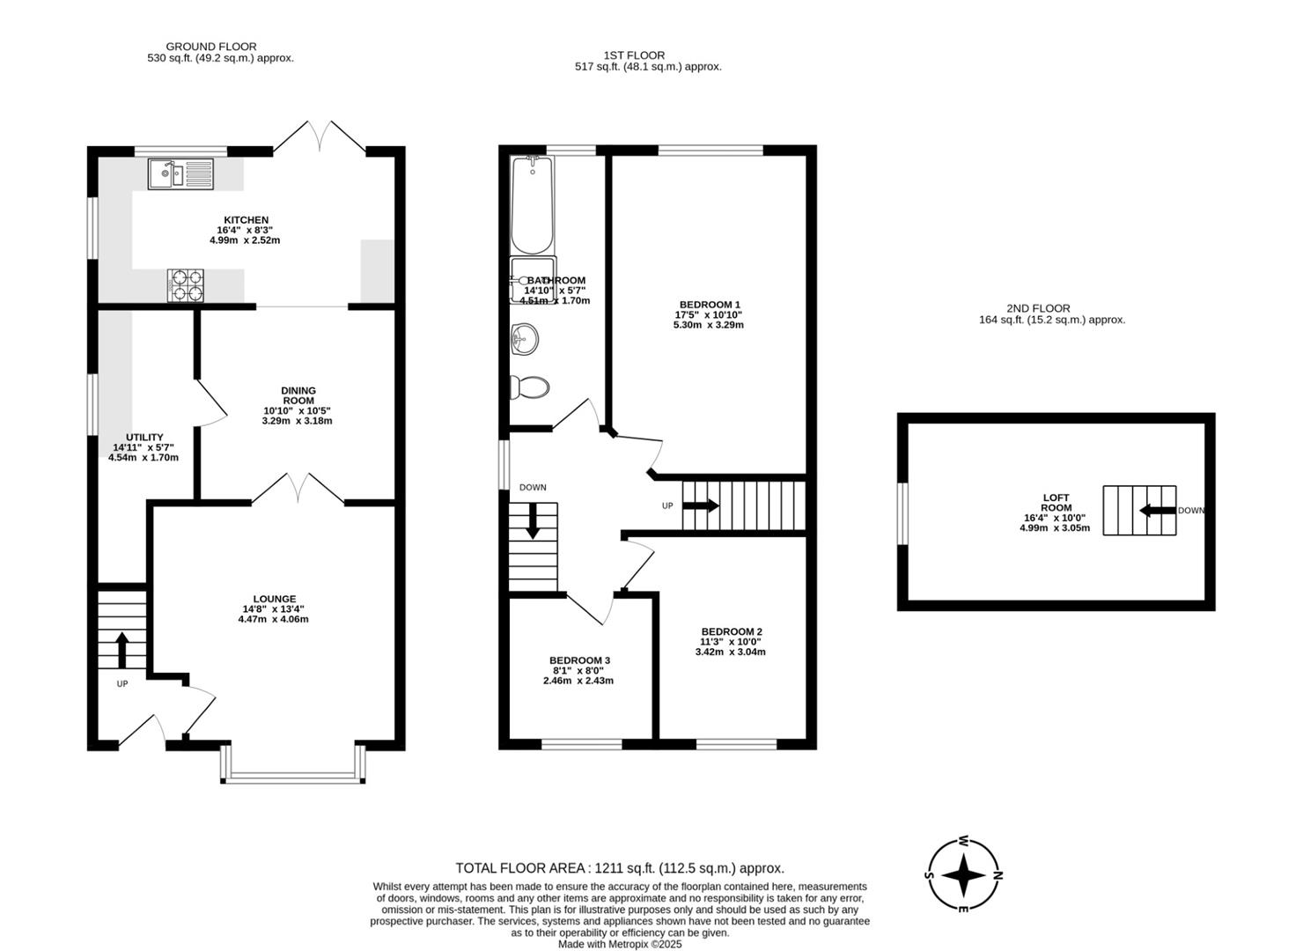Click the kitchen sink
click(x=180, y=174)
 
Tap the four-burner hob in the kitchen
click(x=186, y=285)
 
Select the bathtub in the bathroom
click(x=532, y=204)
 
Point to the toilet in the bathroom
click(x=529, y=387)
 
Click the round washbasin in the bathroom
click(x=525, y=338)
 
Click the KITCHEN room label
click(x=246, y=220)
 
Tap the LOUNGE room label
click(x=275, y=599)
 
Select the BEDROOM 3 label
click(x=579, y=660)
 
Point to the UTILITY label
click(x=145, y=437)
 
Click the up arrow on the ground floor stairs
click(x=121, y=650)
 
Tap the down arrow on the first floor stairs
click(x=533, y=521)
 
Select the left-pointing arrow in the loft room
click(x=1158, y=511)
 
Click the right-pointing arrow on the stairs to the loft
click(x=701, y=505)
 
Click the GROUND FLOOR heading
click(x=211, y=47)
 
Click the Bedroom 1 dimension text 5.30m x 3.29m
click(x=709, y=325)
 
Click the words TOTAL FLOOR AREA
click(x=520, y=868)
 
